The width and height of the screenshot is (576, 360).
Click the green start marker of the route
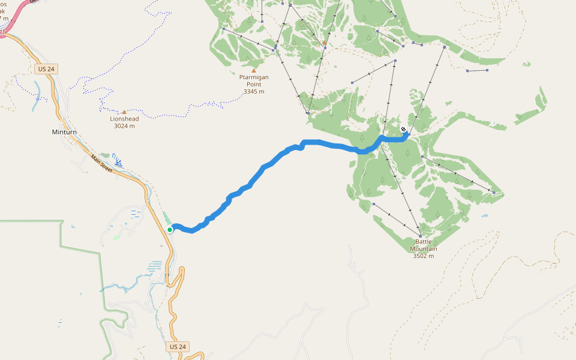[x=170, y=229]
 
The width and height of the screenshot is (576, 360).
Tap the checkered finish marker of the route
[x=404, y=129]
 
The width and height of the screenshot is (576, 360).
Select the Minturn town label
[x=64, y=132]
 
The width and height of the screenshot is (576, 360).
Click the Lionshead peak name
[x=124, y=119]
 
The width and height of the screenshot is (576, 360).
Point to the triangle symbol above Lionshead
[x=124, y=112]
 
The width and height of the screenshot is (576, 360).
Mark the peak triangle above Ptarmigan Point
[x=254, y=70]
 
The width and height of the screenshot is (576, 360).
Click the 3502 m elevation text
[x=423, y=256]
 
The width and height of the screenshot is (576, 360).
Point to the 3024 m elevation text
[x=124, y=126]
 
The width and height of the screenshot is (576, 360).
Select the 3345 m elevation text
[x=254, y=91]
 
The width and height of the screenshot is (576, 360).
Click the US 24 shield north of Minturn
[x=46, y=69]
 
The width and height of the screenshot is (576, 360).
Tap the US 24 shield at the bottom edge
[x=178, y=347]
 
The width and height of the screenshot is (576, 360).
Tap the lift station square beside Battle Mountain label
[x=420, y=234]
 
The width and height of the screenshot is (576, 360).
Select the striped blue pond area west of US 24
[x=155, y=266]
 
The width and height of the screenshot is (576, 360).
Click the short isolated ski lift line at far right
[x=477, y=71]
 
